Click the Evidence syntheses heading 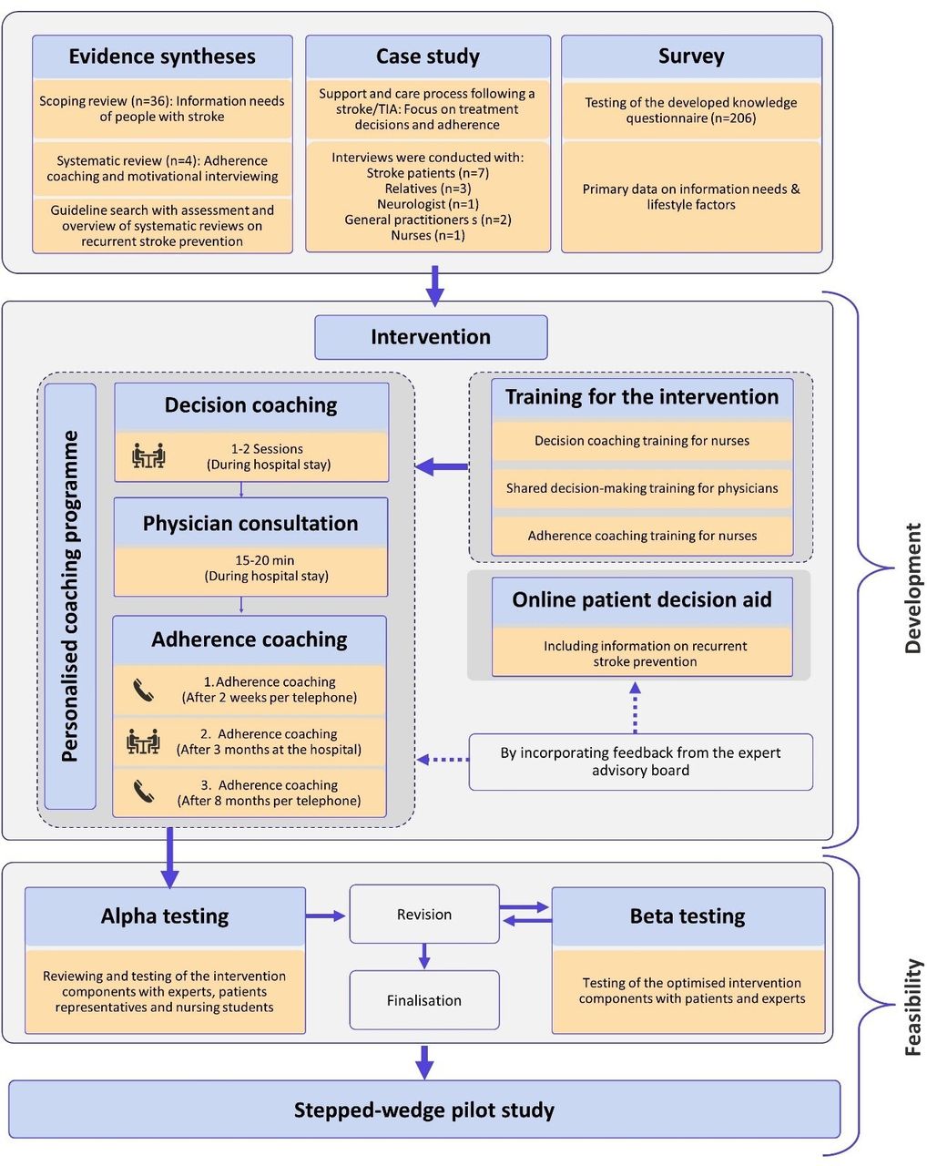coord(161,56)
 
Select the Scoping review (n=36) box coord(161,109)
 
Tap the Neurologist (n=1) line coord(427,204)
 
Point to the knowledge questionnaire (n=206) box coord(691,110)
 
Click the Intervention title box coord(431,337)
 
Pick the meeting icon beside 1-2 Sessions coord(148,455)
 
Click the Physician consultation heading coord(250,524)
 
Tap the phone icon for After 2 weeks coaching coord(144,690)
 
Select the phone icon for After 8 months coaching coord(144,792)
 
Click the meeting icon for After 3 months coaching coord(143,742)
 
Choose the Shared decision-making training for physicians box coord(642,488)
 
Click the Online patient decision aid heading coord(642,599)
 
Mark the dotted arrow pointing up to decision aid coord(635,708)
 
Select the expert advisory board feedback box coord(640,762)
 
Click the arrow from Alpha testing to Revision coord(326,915)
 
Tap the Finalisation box coord(424,999)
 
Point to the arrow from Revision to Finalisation coord(424,956)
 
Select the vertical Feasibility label coord(913,1007)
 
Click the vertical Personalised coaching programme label coord(70,596)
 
